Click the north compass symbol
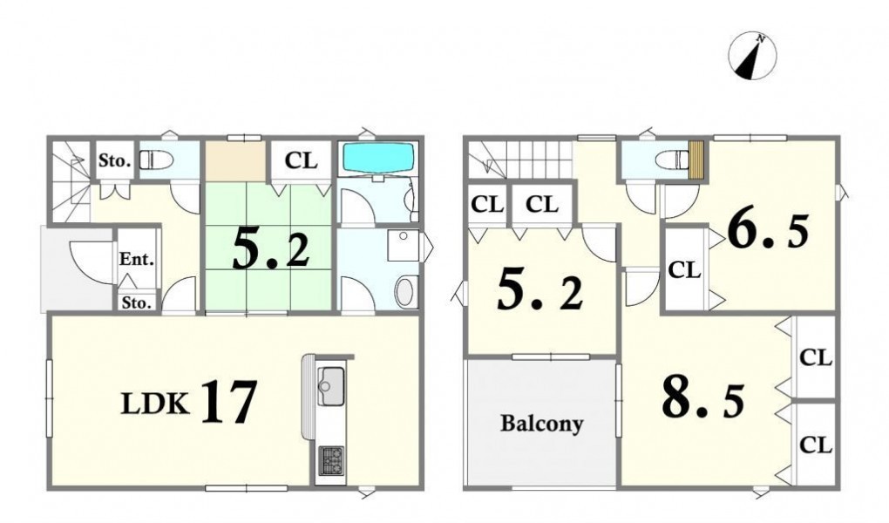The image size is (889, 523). (x=752, y=56)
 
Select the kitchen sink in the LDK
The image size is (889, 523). (x=330, y=386)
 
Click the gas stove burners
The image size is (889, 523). (x=332, y=460)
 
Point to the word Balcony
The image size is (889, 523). (x=541, y=424)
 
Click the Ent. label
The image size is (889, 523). (x=137, y=260)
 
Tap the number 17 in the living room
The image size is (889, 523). (x=229, y=402)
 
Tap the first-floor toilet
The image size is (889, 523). (x=156, y=160)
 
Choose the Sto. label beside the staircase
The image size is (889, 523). (x=114, y=160)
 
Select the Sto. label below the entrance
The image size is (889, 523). (x=137, y=303)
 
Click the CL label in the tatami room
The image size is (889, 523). (x=301, y=160)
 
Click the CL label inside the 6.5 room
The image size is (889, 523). (x=684, y=270)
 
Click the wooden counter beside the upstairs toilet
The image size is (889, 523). (x=696, y=160)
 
